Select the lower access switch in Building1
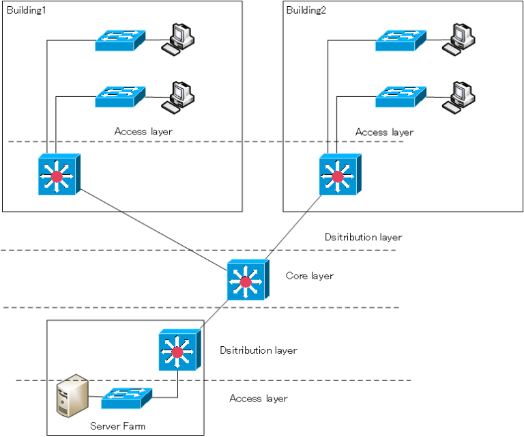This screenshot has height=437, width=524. tap(120, 96)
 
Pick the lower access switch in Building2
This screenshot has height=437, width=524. tap(401, 96)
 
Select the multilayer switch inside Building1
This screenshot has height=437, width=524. tap(60, 175)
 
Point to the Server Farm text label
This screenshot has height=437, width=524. tap(117, 427)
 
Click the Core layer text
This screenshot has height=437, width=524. tap(310, 276)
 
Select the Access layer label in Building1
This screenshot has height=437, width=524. tap(143, 131)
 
